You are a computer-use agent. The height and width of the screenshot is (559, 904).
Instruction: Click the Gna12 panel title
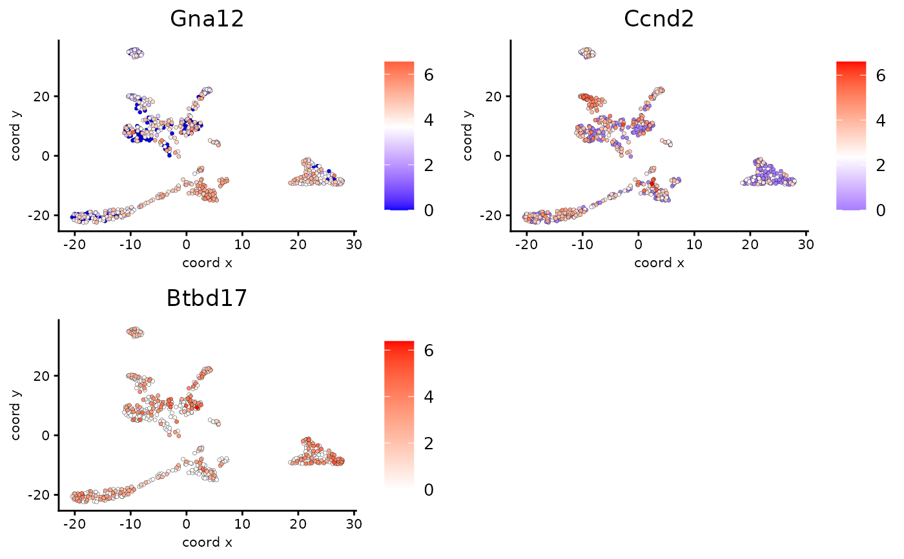coord(207,19)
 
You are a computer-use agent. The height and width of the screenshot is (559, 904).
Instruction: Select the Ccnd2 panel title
coord(659,19)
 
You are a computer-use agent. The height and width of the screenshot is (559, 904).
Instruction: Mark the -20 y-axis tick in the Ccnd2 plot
coord(493,215)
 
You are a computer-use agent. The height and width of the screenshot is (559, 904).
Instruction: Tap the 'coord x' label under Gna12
coord(207,263)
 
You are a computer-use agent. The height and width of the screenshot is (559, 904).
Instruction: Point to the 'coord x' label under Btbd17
coord(207,542)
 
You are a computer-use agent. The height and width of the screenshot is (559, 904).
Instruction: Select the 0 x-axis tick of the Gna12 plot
coord(187,245)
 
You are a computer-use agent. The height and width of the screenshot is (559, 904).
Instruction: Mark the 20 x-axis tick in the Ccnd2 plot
coord(750,245)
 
